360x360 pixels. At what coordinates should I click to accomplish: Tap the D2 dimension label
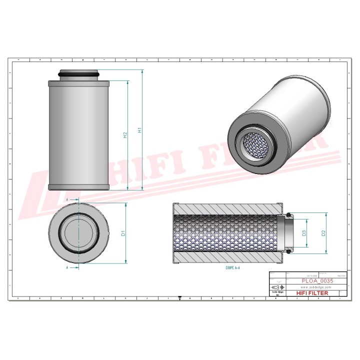pyautogui.click(x=323, y=232)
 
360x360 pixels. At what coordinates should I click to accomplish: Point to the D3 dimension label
pyautogui.click(x=303, y=232)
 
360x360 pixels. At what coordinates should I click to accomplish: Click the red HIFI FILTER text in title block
pyautogui.click(x=312, y=293)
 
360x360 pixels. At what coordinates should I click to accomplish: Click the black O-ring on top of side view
pyautogui.click(x=78, y=75)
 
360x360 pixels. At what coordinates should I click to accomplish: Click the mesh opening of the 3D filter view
pyautogui.click(x=258, y=144)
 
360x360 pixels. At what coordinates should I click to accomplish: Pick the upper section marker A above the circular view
pyautogui.click(x=67, y=199)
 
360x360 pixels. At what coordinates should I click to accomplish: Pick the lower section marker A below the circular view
pyautogui.click(x=67, y=268)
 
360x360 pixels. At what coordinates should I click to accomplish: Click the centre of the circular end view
pyautogui.click(x=78, y=233)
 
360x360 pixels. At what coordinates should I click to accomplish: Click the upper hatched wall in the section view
pyautogui.click(x=227, y=208)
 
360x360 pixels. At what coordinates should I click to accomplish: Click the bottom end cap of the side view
pyautogui.click(x=78, y=187)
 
